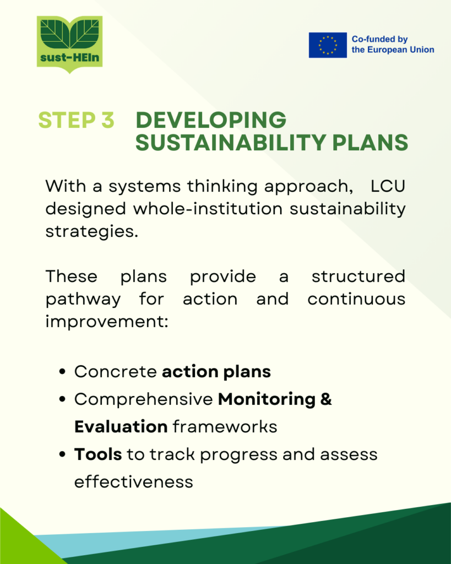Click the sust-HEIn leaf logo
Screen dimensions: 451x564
click(x=70, y=44)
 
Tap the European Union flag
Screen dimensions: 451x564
click(x=328, y=45)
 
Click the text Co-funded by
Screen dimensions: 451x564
click(x=379, y=39)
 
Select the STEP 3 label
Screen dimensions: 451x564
click(x=76, y=120)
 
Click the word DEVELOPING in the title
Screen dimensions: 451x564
click(x=211, y=120)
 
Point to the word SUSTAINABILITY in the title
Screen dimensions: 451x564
click(x=231, y=143)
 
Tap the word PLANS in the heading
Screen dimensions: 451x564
click(x=370, y=143)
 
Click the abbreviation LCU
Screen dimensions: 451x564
click(x=388, y=186)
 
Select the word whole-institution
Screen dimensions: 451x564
click(x=208, y=209)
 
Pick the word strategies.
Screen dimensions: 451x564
click(x=92, y=232)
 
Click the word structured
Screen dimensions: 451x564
click(x=358, y=276)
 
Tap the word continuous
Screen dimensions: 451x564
click(x=356, y=299)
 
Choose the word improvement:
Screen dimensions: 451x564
click(x=107, y=322)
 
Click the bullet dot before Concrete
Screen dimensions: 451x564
click(x=62, y=372)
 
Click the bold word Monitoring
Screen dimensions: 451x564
click(x=267, y=400)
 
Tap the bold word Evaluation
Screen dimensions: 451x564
click(x=121, y=427)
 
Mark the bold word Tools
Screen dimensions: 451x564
click(x=98, y=454)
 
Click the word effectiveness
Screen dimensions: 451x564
click(x=134, y=481)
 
